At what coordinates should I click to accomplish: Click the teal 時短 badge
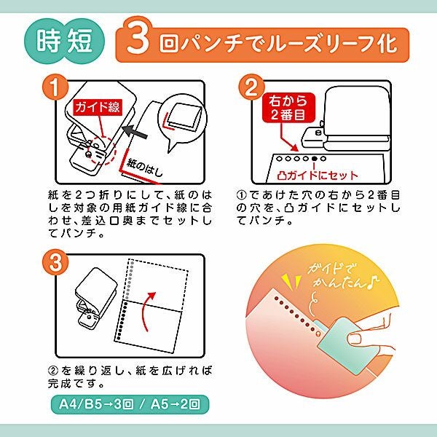pos(64,42)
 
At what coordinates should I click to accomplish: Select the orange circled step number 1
pos(55,87)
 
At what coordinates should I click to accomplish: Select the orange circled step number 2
pos(251,87)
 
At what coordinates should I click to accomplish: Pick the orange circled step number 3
pos(55,262)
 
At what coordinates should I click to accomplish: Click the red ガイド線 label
pos(98,107)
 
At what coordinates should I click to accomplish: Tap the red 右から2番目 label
pos(288,108)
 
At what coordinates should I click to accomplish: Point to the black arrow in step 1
pos(135,132)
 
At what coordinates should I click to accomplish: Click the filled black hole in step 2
pos(315,159)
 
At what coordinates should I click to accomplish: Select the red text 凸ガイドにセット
pos(318,176)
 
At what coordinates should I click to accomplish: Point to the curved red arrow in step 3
pos(147,311)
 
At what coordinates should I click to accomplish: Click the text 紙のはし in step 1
pos(144,168)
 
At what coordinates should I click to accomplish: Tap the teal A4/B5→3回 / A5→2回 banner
pos(130,404)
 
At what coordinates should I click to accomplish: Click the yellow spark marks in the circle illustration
pos(291,281)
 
